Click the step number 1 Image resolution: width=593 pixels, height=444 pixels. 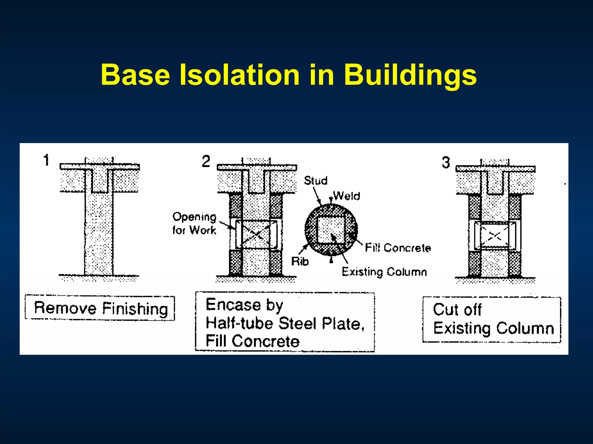(46, 160)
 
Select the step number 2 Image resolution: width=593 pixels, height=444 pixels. (206, 161)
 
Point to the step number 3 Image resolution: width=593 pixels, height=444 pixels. (446, 162)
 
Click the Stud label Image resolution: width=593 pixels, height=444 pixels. (316, 181)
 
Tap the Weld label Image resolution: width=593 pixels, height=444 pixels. (347, 196)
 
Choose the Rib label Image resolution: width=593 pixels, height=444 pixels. (300, 261)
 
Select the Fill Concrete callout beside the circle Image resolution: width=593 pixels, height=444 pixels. (398, 248)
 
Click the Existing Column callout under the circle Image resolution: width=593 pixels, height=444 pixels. (384, 272)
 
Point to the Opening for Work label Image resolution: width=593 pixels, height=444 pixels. (194, 223)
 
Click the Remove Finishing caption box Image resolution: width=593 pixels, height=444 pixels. (100, 308)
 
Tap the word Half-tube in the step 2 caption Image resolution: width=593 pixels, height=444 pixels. (239, 323)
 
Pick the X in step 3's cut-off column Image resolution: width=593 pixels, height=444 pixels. (495, 236)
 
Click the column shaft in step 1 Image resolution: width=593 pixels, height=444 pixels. (99, 231)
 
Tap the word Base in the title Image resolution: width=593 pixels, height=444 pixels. (135, 75)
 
